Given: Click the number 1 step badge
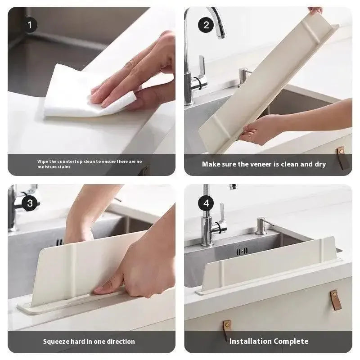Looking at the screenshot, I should click(x=30, y=25).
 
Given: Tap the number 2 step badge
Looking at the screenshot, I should click(x=206, y=25).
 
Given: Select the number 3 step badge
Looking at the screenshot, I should click(x=30, y=203).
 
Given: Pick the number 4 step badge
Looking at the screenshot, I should click(x=206, y=203).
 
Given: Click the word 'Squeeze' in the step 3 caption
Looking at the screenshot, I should click(x=56, y=341).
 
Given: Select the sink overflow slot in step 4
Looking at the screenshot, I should click(x=243, y=251).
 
